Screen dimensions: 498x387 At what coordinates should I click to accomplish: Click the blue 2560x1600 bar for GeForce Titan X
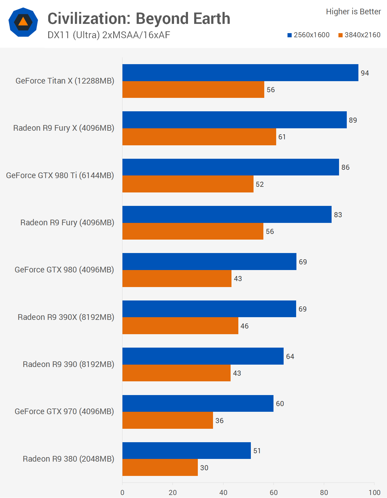240,73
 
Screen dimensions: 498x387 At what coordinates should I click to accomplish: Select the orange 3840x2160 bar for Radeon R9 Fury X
199,137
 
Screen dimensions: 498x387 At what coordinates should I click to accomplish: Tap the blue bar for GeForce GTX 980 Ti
231,167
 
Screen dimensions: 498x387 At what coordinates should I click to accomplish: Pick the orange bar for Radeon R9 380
160,468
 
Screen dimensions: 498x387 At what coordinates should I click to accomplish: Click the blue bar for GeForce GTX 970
198,403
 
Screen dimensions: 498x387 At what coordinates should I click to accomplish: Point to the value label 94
365,73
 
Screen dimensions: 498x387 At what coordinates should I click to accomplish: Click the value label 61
282,137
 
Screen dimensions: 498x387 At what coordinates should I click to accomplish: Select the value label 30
204,468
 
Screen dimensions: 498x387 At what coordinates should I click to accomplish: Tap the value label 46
244,326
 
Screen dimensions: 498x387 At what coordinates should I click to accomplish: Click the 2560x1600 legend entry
308,35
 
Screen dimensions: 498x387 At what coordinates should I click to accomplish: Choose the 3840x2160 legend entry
359,35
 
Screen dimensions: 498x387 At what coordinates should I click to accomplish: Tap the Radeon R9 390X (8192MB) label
66,317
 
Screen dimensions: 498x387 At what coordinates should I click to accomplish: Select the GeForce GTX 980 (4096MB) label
64,270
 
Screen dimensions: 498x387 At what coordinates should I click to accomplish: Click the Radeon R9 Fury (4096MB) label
67,223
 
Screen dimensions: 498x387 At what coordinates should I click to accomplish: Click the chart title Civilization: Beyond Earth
139,18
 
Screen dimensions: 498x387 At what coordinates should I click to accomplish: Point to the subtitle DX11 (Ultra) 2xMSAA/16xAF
109,35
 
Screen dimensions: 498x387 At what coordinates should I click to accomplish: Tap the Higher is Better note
353,12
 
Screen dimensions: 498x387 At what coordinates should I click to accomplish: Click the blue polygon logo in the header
23,22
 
